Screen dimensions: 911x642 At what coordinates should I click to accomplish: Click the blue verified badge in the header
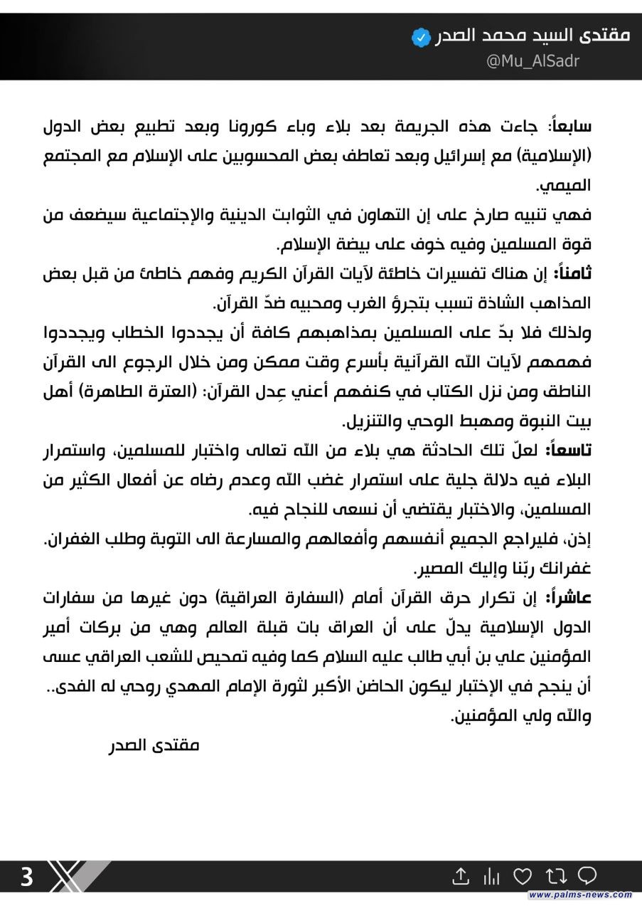pyautogui.click(x=422, y=36)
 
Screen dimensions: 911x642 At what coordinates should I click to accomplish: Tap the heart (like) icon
pyautogui.click(x=522, y=875)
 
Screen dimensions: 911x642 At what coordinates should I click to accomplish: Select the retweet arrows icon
pyautogui.click(x=555, y=875)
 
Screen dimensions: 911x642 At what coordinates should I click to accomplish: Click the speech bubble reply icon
pyautogui.click(x=587, y=875)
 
